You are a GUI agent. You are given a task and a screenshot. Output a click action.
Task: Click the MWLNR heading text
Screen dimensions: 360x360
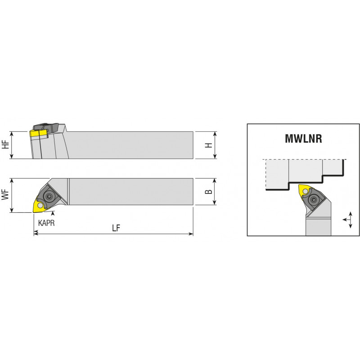(x=303, y=139)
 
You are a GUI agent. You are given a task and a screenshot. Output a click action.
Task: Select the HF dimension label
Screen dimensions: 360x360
(x=5, y=144)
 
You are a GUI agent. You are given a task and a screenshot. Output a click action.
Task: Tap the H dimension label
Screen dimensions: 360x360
(x=209, y=145)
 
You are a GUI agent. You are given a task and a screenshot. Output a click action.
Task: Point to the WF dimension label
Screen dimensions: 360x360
(x=5, y=194)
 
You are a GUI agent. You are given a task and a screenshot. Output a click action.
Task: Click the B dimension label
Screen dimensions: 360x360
(x=209, y=192)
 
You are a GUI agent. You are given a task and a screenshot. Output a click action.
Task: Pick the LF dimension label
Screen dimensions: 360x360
(x=116, y=228)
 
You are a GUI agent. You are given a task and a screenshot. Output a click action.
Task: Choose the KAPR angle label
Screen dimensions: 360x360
(x=46, y=223)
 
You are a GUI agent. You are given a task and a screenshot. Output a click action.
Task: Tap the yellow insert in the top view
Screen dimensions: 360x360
(x=40, y=205)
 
